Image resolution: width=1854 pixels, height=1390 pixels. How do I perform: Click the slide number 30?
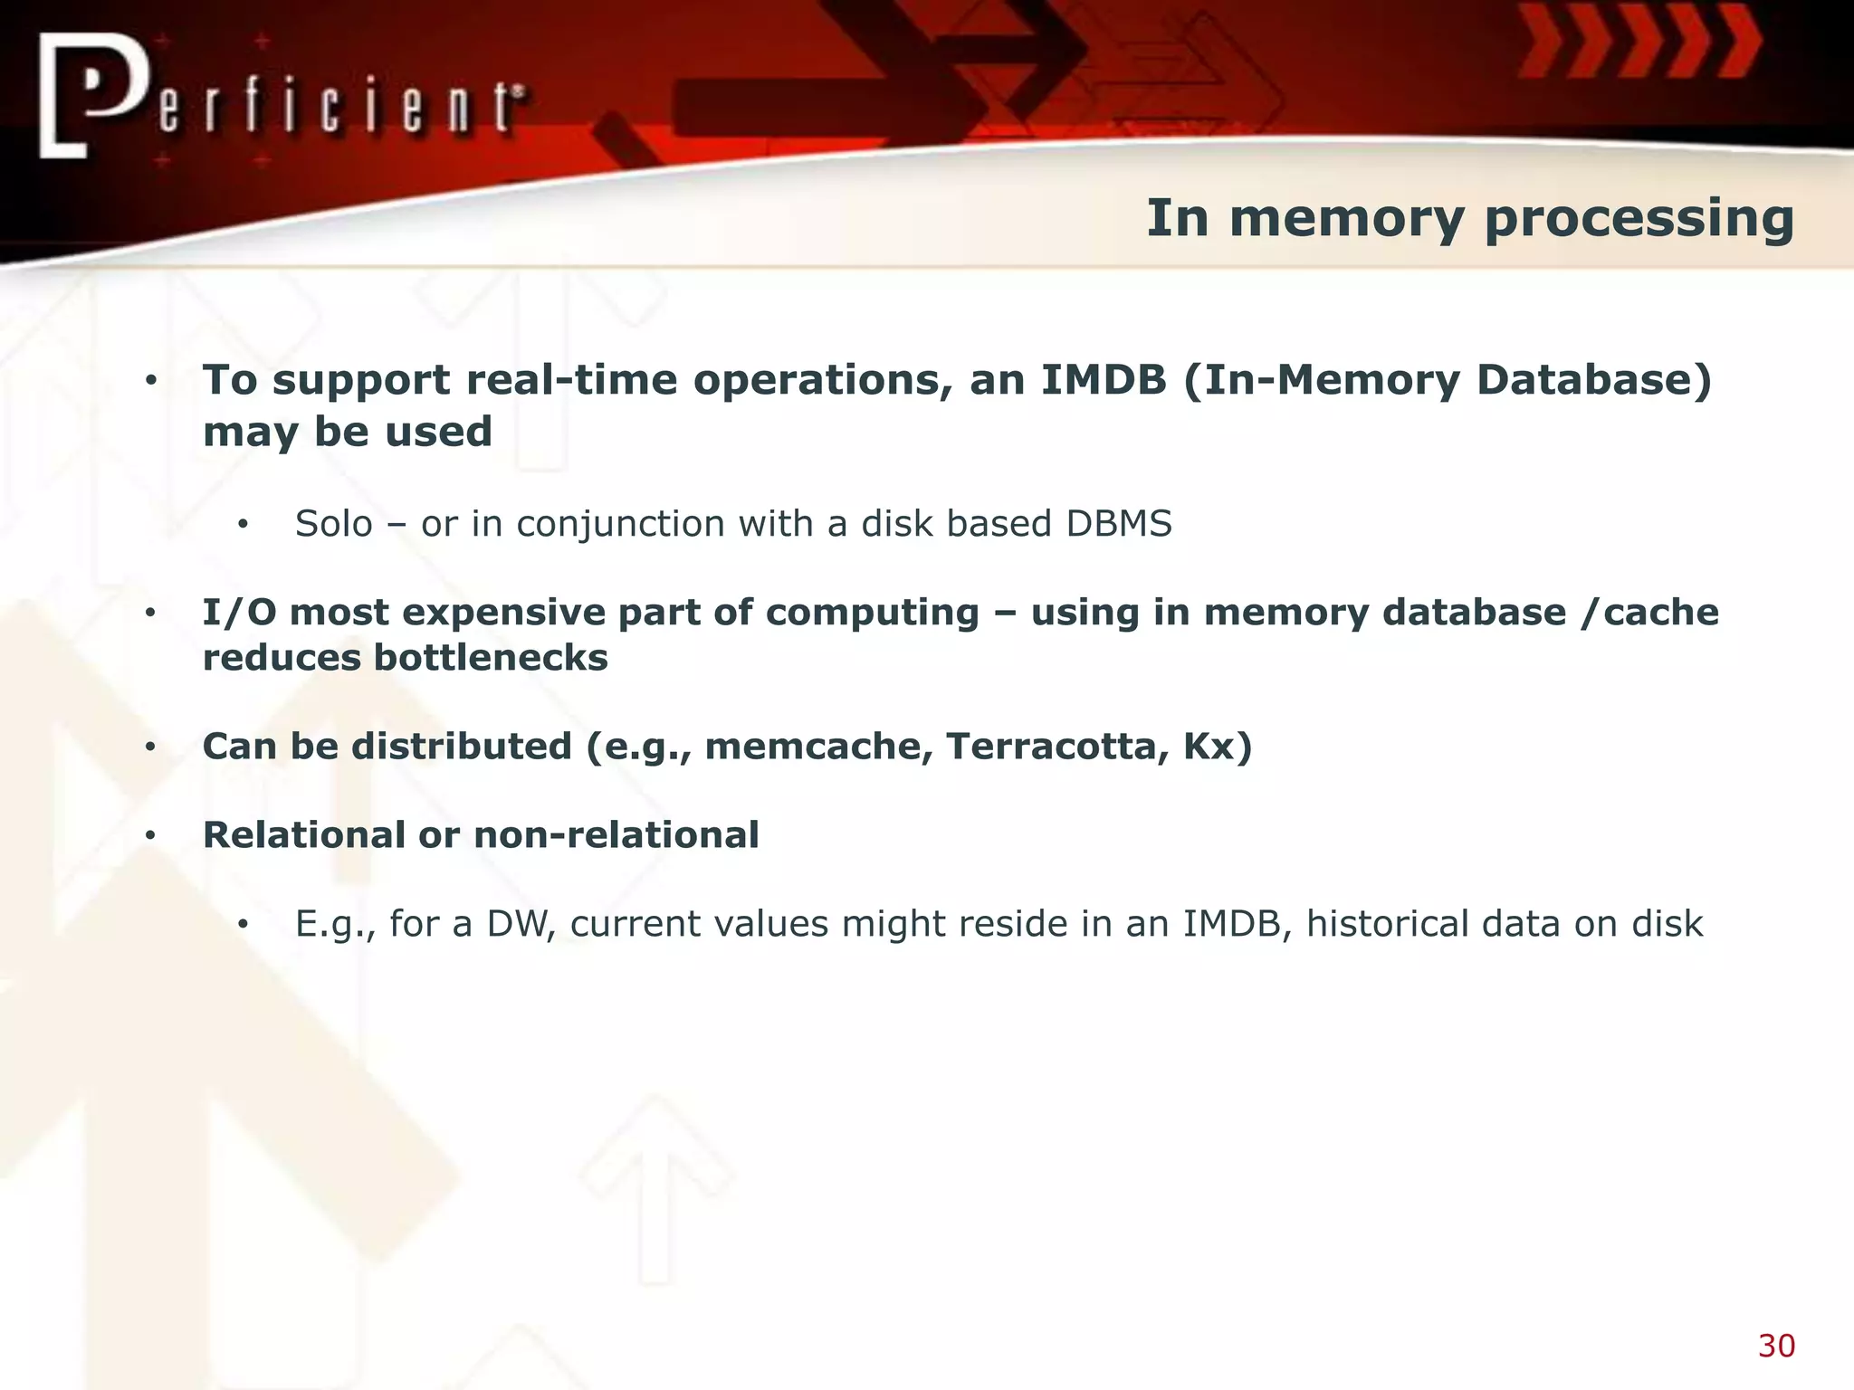[x=1776, y=1347]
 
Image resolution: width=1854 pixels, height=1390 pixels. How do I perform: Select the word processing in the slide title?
[x=1639, y=219]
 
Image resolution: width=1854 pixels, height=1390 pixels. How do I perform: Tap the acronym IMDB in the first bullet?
[x=1104, y=380]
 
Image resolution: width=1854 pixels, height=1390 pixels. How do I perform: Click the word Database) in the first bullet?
[x=1594, y=380]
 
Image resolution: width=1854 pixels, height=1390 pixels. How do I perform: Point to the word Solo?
[x=334, y=524]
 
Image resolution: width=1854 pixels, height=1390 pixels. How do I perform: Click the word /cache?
[x=1649, y=613]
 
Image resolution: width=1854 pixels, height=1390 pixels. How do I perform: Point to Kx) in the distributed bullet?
[x=1218, y=747]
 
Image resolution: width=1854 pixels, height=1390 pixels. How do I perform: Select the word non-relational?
[x=616, y=835]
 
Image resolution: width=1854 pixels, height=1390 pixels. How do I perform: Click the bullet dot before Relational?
[x=151, y=835]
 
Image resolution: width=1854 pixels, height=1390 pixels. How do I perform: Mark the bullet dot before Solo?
[x=243, y=525]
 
